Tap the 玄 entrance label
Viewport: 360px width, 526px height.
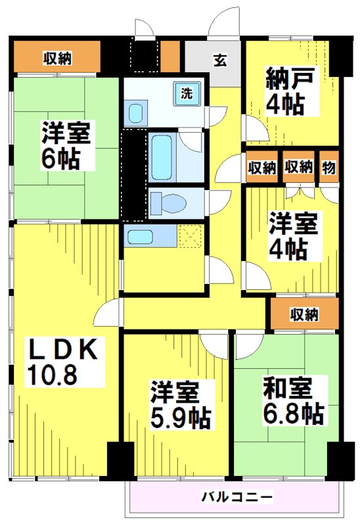[220, 60]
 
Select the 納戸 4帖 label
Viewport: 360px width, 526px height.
[290, 91]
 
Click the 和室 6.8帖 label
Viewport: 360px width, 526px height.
[293, 401]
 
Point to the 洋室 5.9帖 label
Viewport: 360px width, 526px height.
[181, 405]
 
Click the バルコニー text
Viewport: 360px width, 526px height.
[236, 496]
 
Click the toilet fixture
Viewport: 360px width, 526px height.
[168, 203]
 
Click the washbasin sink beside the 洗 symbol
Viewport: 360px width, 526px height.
[136, 113]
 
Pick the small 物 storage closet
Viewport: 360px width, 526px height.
[328, 167]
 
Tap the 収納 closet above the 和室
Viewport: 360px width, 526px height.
[304, 314]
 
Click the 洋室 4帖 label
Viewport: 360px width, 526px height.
[293, 236]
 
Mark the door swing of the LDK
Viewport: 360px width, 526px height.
[106, 312]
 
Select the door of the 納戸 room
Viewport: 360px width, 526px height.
[256, 129]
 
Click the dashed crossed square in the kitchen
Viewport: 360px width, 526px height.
[191, 237]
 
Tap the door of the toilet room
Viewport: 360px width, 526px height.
[218, 203]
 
